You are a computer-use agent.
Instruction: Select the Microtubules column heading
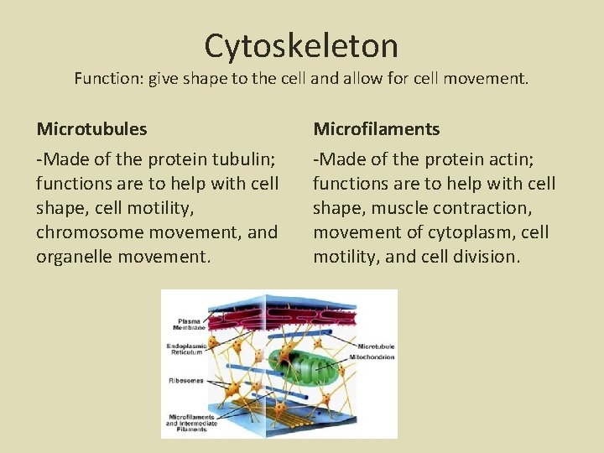click(91, 129)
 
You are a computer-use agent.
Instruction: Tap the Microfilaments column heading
click(376, 129)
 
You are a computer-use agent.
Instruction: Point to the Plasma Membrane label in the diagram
click(188, 323)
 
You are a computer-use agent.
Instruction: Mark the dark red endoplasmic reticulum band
click(277, 314)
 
